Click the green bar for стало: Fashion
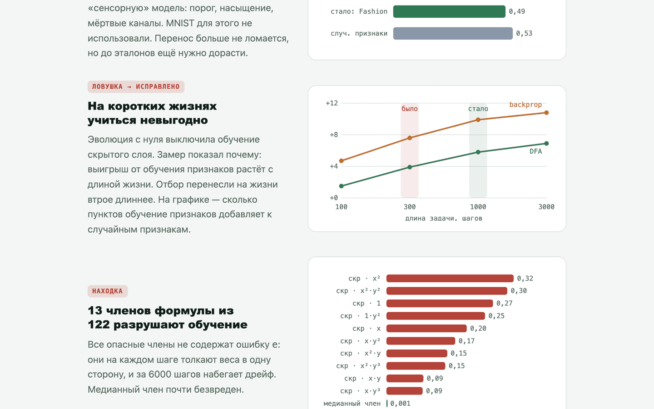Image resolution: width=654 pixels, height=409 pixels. tap(449, 11)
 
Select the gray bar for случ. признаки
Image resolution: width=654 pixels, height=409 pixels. tap(453, 33)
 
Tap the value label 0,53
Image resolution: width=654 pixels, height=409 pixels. tap(524, 33)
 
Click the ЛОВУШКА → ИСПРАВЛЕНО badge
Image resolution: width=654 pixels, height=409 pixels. tap(136, 87)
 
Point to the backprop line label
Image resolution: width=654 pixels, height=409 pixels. tap(525, 105)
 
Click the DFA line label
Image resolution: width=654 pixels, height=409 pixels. tap(536, 151)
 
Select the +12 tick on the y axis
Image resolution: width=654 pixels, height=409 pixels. tap(332, 103)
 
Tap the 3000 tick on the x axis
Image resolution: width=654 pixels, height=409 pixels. tap(546, 207)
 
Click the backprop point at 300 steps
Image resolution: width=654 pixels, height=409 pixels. tap(410, 138)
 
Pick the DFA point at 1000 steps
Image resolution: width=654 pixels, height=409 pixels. tap(478, 152)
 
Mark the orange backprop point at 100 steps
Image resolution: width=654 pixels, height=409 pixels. tap(342, 161)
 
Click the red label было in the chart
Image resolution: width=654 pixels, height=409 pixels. tap(410, 109)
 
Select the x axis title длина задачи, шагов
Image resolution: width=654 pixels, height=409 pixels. tap(443, 218)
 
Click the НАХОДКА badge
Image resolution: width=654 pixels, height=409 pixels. tap(108, 291)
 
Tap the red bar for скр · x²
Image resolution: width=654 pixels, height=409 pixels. tap(450, 279)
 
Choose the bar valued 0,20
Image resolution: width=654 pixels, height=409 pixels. tap(426, 329)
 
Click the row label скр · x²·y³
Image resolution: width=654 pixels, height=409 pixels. tap(358, 366)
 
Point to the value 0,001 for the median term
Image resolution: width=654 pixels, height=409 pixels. tap(400, 404)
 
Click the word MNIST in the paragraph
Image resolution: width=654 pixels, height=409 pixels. tap(180, 23)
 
